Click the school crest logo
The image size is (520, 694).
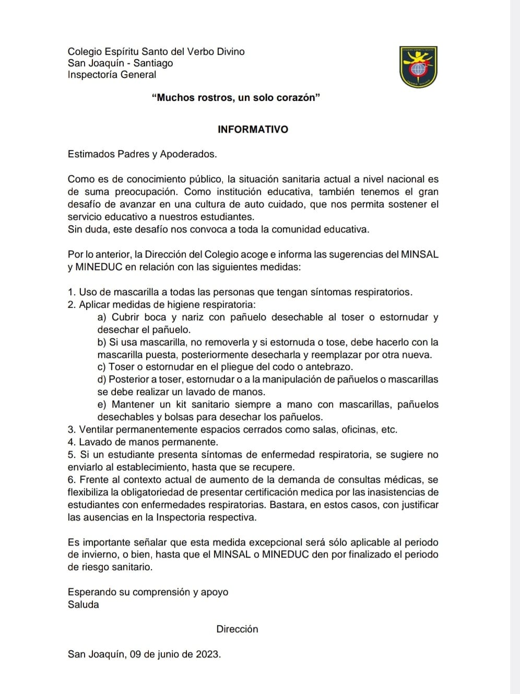tap(418, 67)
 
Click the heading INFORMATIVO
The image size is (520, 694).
tap(253, 130)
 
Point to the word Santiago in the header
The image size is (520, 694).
tap(153, 63)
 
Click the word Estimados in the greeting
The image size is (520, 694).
tap(89, 154)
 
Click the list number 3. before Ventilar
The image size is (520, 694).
tap(72, 430)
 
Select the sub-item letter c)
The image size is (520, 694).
tap(102, 367)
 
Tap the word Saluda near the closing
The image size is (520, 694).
tap(83, 605)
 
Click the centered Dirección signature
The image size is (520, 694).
tap(237, 629)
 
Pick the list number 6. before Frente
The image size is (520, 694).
tap(72, 480)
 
